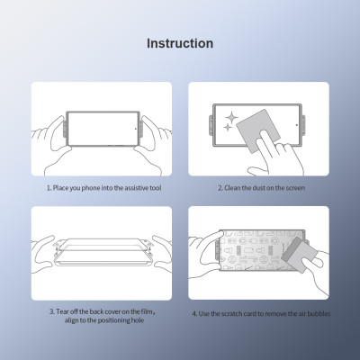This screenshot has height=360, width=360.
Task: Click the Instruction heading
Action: tap(180, 43)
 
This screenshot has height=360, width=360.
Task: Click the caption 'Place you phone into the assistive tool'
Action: tap(101, 188)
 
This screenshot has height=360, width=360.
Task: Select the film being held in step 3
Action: tap(101, 252)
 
